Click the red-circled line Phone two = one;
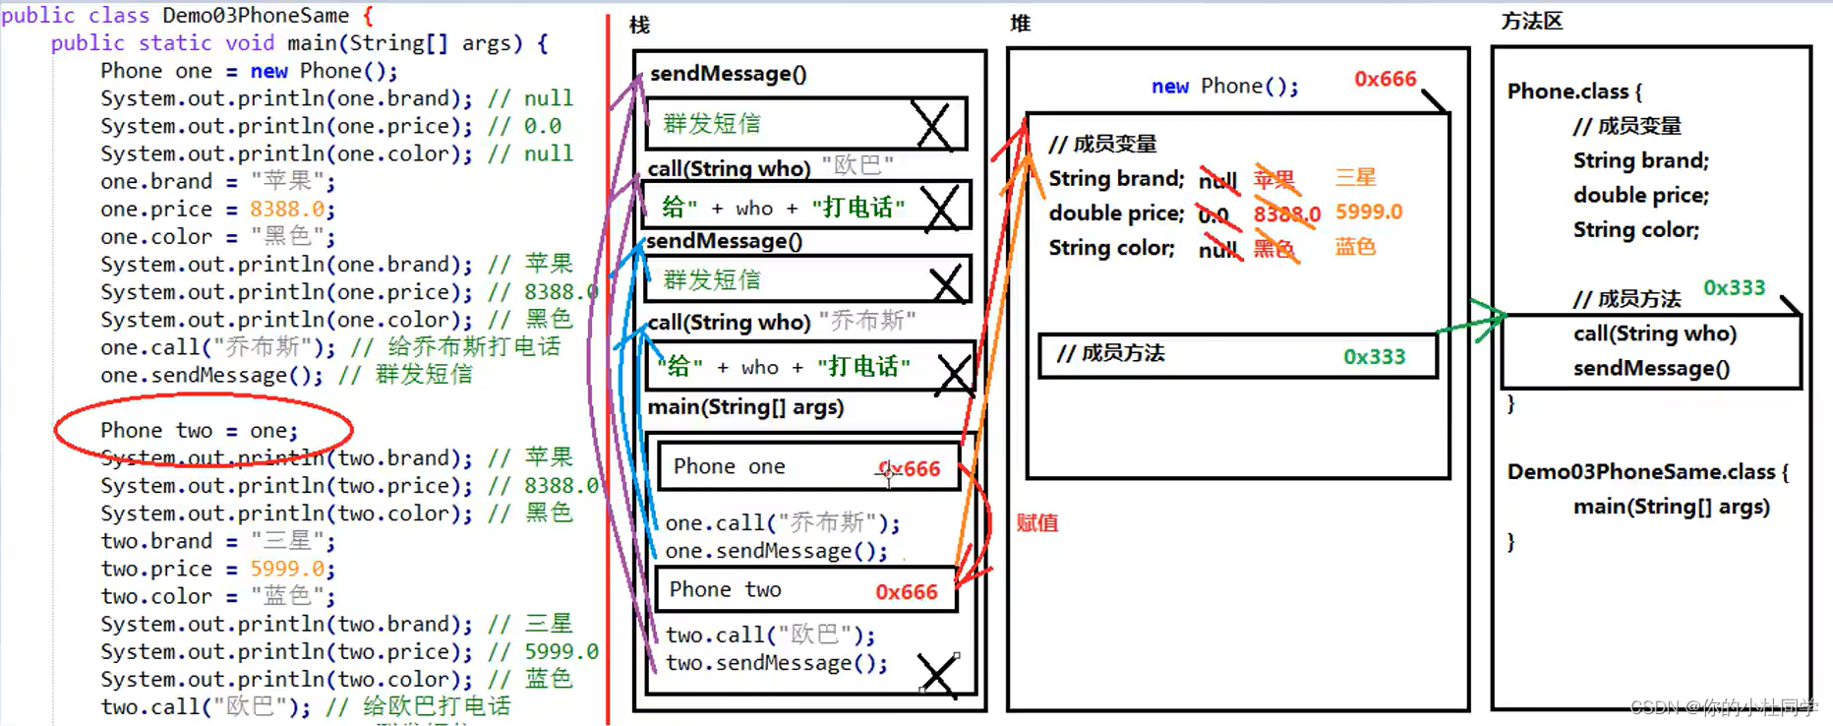(199, 430)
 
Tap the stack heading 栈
(639, 25)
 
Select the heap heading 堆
(1020, 23)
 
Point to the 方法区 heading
(1531, 21)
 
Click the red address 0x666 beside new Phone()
(1385, 79)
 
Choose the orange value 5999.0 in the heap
(1368, 212)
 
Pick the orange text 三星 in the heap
(1355, 177)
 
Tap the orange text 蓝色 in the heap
(1355, 246)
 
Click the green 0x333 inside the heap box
(1374, 356)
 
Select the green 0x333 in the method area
(1734, 287)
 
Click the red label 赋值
(1036, 522)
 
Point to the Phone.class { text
(1573, 91)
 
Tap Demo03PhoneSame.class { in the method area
(1647, 471)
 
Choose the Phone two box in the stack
(805, 589)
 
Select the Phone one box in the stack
(807, 466)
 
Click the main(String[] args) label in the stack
(745, 407)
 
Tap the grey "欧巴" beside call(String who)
(857, 164)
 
